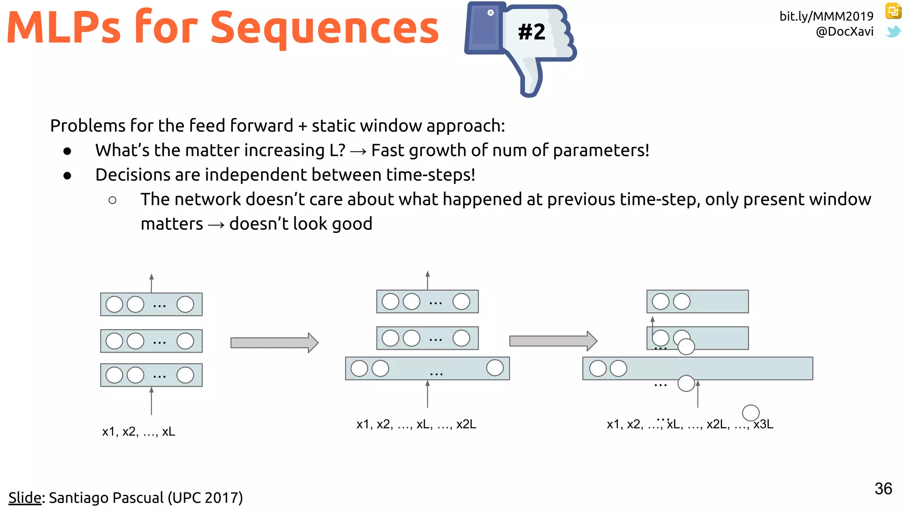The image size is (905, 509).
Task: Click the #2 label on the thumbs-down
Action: coord(532,32)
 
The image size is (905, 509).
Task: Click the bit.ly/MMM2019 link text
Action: coord(826,16)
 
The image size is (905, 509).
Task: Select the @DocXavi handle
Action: coord(844,32)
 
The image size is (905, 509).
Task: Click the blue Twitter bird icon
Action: coord(893,32)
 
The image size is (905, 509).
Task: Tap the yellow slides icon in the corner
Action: coord(893,11)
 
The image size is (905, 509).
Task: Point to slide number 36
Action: coord(883,489)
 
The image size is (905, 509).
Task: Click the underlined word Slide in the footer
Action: coord(25,498)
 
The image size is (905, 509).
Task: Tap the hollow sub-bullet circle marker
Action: coord(112,200)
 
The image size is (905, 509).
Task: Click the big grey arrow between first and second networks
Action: coord(274,342)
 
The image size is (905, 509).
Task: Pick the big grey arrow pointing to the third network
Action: coord(553,341)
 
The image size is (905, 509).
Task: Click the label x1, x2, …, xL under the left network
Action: coord(138,432)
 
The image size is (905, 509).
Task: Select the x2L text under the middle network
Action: coord(466,425)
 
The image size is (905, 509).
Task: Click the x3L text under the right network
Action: coord(763,425)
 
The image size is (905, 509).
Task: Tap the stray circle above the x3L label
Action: coord(750,413)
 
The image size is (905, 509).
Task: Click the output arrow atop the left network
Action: coord(151,283)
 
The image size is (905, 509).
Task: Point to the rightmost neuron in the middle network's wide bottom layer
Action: coord(494,368)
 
